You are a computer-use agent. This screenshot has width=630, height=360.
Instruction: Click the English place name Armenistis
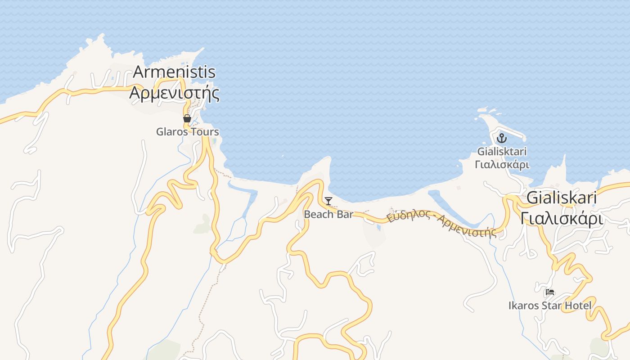click(175, 72)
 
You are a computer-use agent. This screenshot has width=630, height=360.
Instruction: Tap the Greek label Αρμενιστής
click(175, 93)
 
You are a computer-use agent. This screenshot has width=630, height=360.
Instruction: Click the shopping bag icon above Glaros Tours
click(187, 119)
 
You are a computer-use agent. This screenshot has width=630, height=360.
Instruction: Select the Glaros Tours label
click(187, 132)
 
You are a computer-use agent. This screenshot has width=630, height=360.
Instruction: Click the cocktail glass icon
click(328, 201)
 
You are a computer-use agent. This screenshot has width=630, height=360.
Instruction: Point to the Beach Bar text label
click(328, 214)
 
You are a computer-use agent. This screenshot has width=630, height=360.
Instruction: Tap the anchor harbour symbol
click(502, 139)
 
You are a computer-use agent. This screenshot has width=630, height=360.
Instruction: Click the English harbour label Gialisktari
click(502, 152)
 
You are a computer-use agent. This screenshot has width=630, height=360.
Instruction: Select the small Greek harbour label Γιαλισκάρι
click(502, 165)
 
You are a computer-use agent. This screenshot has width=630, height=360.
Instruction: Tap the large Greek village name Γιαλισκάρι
click(561, 219)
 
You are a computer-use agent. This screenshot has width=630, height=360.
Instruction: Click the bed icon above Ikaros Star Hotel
click(549, 292)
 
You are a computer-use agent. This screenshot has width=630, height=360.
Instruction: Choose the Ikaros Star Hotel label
click(549, 306)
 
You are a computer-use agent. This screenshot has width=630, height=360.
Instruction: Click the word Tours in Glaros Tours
click(205, 132)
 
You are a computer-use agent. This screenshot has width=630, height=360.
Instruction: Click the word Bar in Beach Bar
click(345, 214)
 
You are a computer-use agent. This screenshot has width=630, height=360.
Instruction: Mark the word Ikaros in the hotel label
click(523, 306)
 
